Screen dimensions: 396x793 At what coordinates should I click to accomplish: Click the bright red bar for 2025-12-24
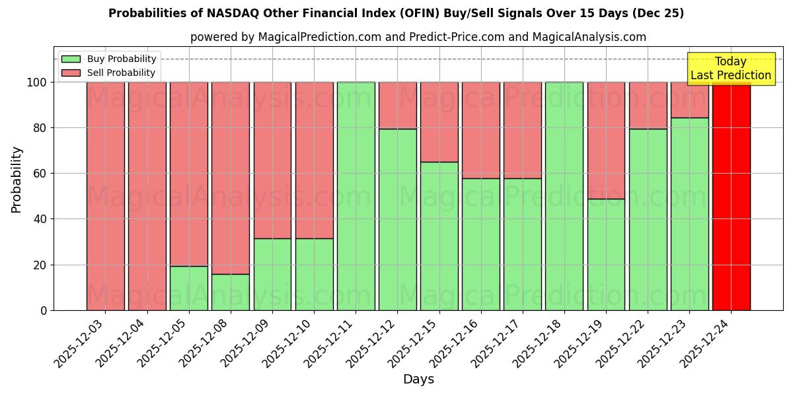[731, 196]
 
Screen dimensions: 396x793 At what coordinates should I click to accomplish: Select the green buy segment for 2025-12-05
[189, 288]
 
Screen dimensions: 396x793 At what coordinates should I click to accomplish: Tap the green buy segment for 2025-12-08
[231, 292]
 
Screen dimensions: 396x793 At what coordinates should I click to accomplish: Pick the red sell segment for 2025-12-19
[606, 140]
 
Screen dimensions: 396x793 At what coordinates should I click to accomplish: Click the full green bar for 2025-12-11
[356, 196]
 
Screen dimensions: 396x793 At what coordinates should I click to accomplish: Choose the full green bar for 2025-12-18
[564, 196]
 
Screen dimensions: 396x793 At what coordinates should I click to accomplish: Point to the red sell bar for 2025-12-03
[106, 196]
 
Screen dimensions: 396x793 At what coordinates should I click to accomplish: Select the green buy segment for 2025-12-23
[689, 214]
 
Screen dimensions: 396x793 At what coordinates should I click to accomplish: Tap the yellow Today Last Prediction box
[730, 69]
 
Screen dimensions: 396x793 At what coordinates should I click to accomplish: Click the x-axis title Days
[418, 379]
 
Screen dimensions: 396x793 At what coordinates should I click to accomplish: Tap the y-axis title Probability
[17, 180]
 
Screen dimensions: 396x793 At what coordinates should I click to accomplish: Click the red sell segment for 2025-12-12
[398, 105]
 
